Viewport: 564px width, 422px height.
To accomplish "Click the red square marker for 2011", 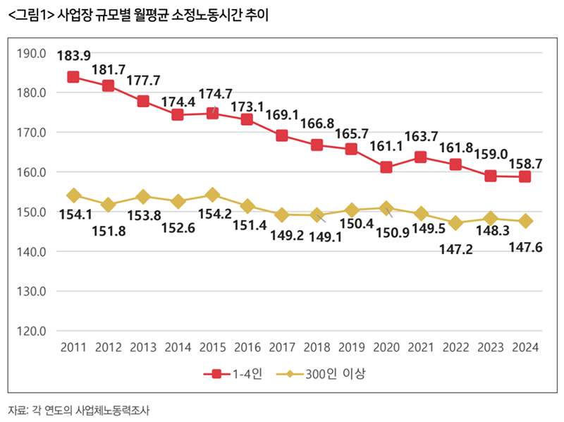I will click(73, 77).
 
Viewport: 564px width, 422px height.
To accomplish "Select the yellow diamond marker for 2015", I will click(212, 195).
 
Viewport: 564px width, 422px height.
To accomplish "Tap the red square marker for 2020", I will click(386, 167).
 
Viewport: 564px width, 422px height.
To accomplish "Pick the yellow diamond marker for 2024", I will click(525, 221).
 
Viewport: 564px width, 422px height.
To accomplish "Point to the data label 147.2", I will click(456, 249).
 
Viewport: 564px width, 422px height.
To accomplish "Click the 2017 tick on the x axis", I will click(282, 347).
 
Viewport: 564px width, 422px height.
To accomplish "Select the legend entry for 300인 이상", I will click(325, 374).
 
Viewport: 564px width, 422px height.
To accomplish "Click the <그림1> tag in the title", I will click(28, 13).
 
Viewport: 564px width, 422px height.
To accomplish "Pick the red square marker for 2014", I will click(178, 114).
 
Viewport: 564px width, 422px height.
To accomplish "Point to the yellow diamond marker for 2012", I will click(108, 205).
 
